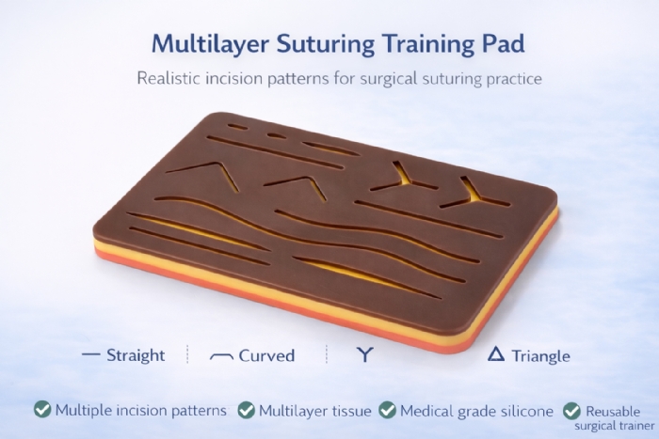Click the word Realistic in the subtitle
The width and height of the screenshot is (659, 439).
tap(169, 78)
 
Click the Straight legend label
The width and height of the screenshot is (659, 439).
tap(136, 355)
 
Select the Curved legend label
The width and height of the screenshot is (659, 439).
tap(266, 355)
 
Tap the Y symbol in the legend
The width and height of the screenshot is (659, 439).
tap(362, 355)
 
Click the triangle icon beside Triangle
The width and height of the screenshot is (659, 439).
tap(497, 354)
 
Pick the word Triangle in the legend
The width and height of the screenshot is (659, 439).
tap(541, 355)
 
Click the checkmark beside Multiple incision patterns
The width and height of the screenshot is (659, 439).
tap(42, 410)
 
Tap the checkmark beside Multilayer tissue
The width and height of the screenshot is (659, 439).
tap(247, 410)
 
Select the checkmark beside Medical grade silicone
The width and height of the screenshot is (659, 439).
tap(387, 410)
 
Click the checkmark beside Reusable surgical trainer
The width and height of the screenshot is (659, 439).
tap(571, 411)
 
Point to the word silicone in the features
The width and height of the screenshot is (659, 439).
tap(525, 410)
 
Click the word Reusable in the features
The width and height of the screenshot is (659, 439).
tap(613, 412)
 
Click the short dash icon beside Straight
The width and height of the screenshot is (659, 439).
tap(91, 355)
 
